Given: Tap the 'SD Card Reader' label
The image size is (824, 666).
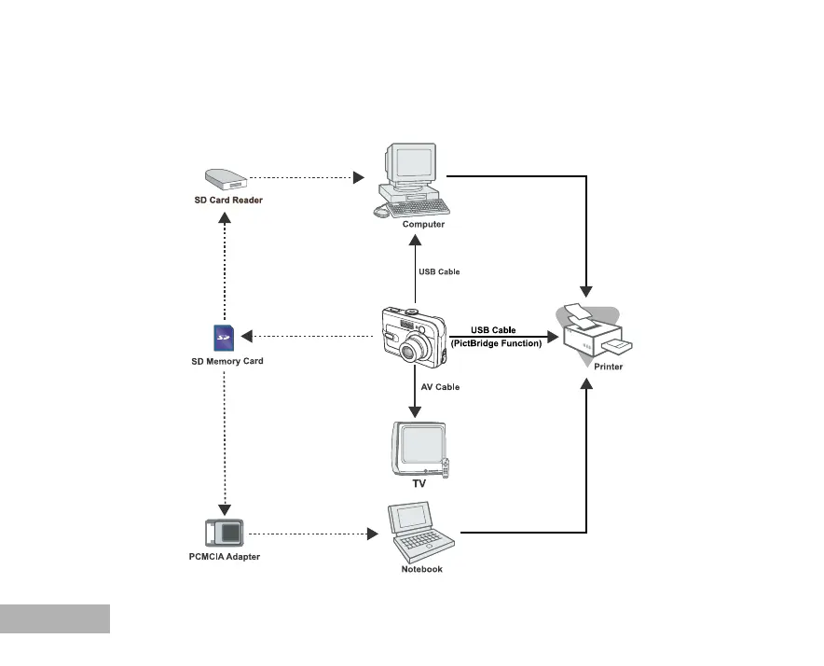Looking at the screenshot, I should tap(228, 200).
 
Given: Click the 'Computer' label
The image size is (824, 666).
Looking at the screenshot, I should tap(423, 224).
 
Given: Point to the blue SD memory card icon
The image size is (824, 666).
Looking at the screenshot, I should tap(223, 338).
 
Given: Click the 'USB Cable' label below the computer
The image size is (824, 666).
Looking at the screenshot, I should tap(439, 272).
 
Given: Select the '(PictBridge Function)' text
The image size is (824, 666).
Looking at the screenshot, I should tap(496, 343).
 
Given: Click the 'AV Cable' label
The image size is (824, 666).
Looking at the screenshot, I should tap(440, 386).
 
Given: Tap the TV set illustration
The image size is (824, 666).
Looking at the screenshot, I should tap(419, 449).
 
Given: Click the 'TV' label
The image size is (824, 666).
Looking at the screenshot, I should tap(419, 485).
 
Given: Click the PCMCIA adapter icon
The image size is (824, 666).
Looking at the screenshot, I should tap(224, 533).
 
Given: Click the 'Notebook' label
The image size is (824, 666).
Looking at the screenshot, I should tap(421, 569).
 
